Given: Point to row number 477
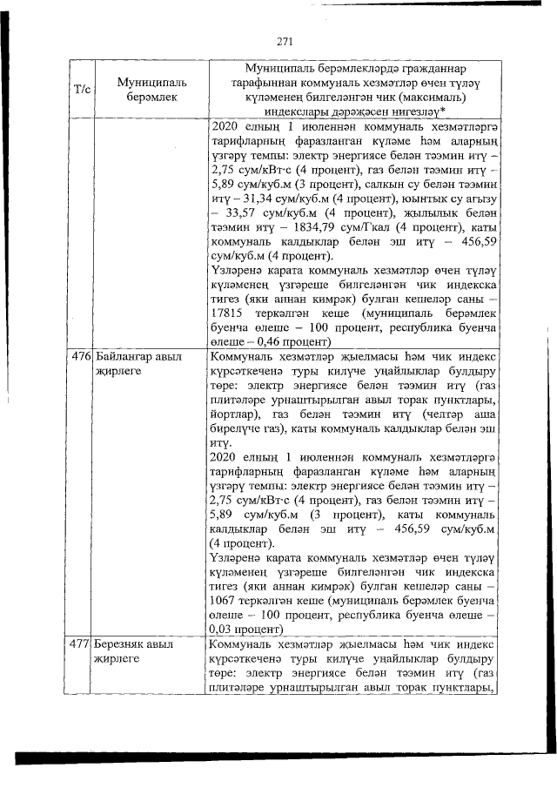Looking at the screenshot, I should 79,645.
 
